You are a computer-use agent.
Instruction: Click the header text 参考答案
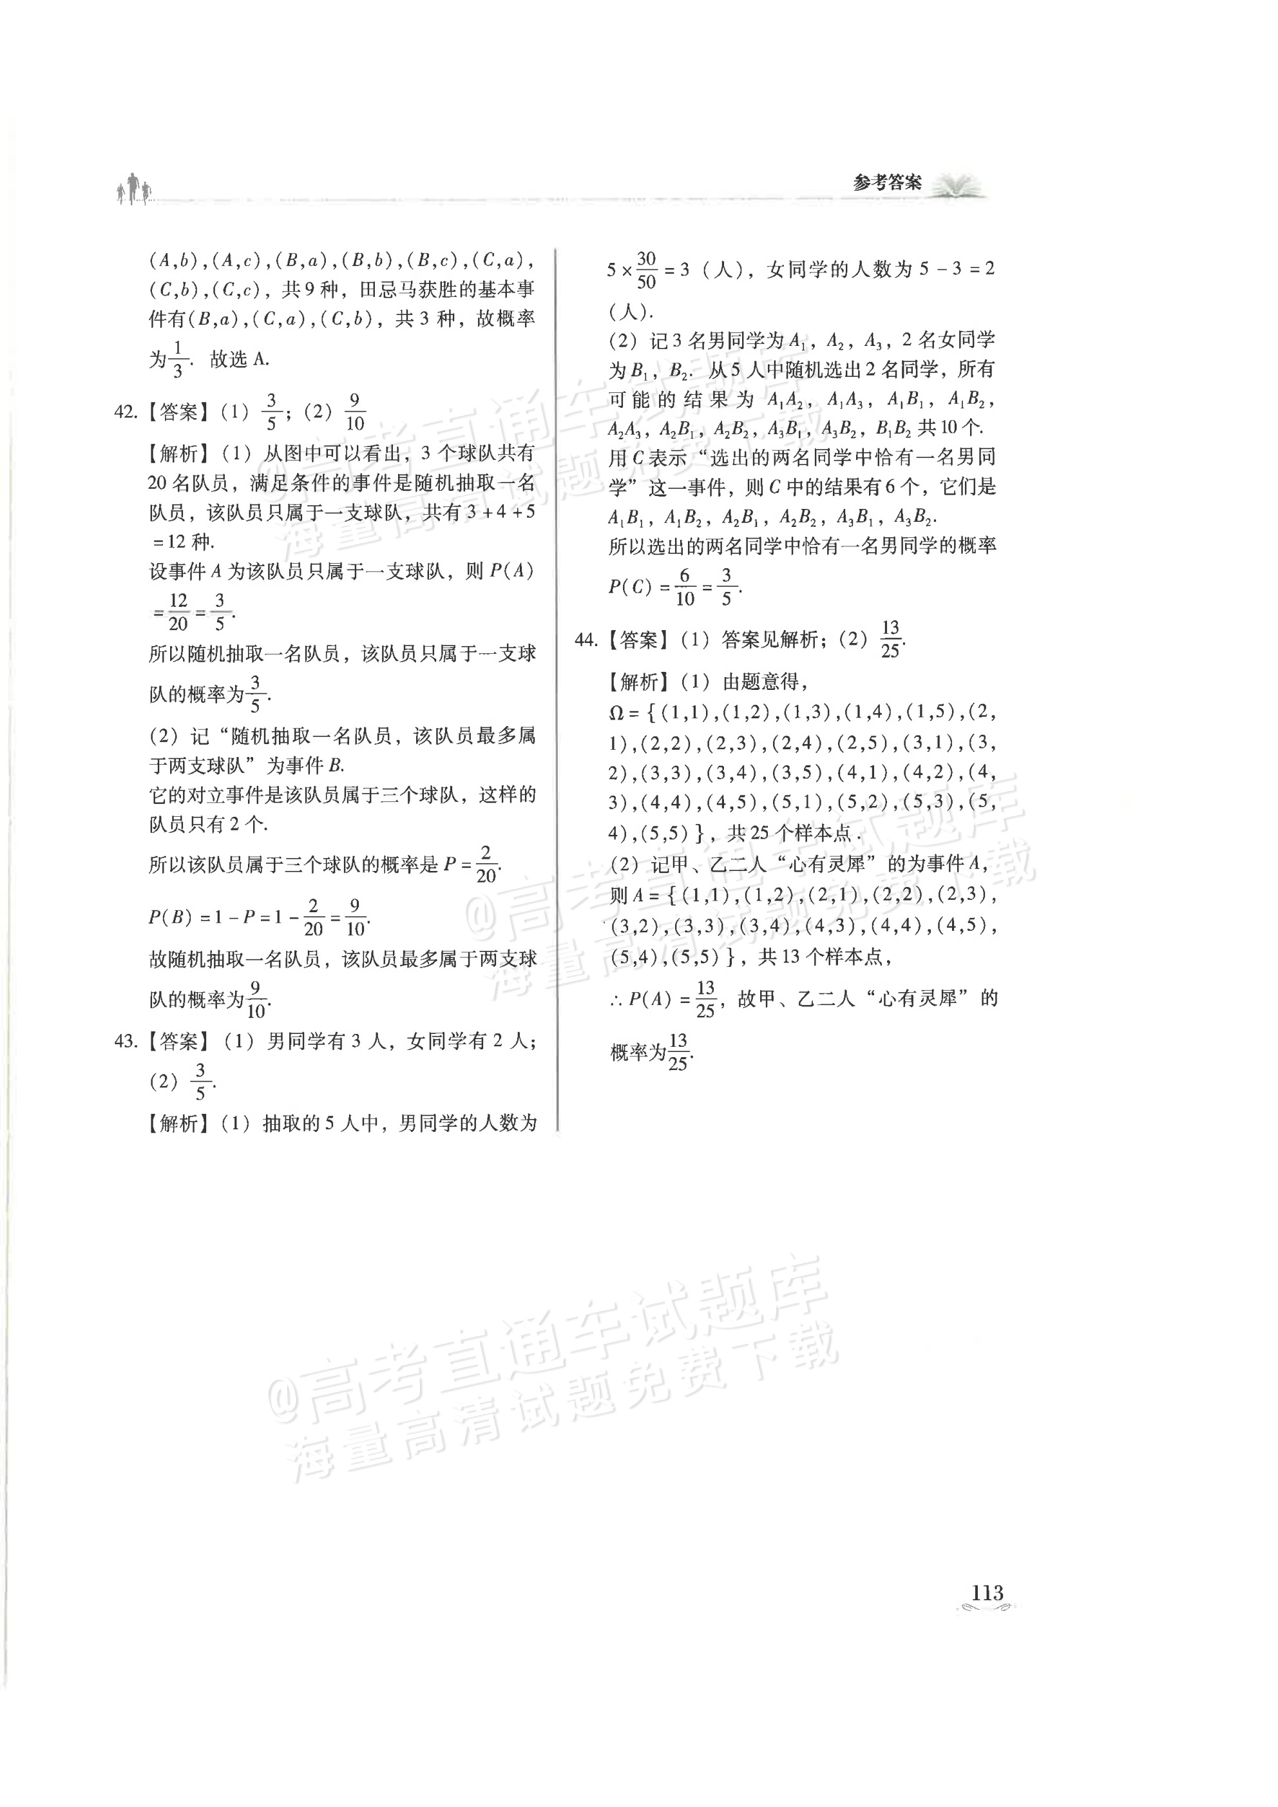(x=887, y=184)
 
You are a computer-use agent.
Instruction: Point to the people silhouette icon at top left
(x=135, y=189)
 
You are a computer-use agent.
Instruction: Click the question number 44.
(x=586, y=640)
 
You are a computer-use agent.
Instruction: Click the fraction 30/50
(x=646, y=270)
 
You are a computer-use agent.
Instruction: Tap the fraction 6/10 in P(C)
(x=685, y=587)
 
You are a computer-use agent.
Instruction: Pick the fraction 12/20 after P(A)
(x=178, y=611)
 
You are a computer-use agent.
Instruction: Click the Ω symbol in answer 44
(x=616, y=713)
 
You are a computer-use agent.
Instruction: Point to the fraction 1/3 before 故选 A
(x=177, y=359)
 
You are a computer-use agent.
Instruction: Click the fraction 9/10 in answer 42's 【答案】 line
(x=355, y=412)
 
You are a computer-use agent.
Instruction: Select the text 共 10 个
(x=949, y=428)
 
